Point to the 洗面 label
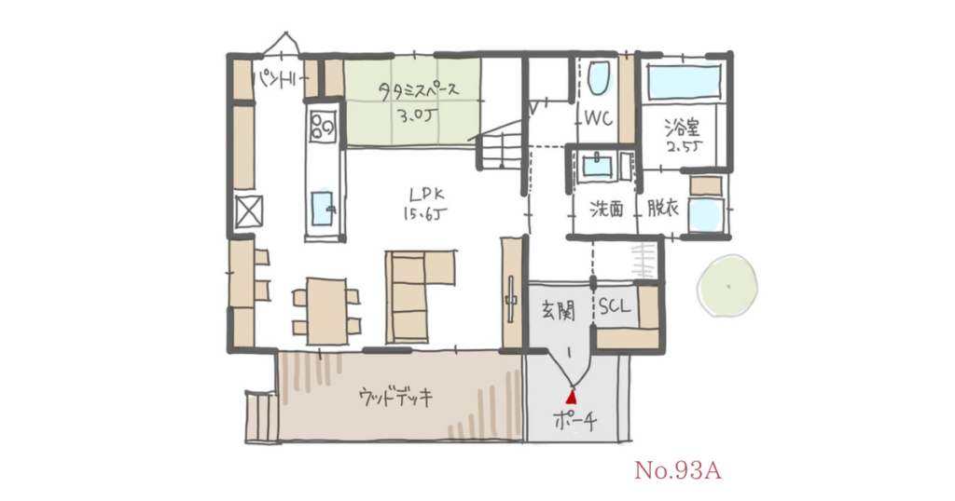605,209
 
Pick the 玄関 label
557,309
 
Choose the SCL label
615,305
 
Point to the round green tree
728,283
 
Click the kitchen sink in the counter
324,208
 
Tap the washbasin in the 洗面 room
597,168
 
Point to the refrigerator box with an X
249,211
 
